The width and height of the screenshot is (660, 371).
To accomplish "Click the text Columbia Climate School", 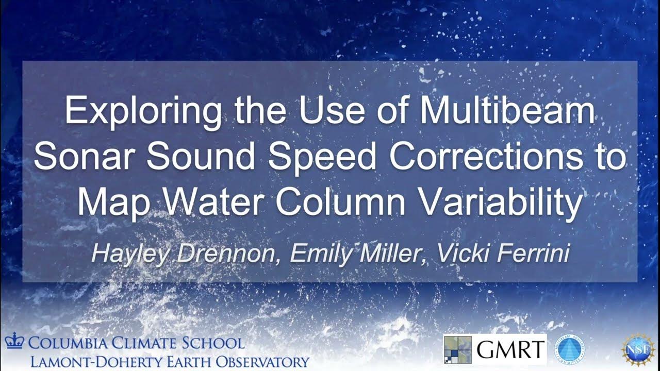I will pyautogui.click(x=136, y=343).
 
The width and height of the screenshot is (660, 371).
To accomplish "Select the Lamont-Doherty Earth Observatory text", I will pyautogui.click(x=170, y=361).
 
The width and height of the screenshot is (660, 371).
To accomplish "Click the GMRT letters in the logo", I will pyautogui.click(x=510, y=350).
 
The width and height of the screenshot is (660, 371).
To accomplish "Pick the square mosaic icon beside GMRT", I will pyautogui.click(x=457, y=349).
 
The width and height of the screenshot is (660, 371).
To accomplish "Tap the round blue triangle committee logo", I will pyautogui.click(x=569, y=349).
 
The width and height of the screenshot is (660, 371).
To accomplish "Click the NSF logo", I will pyautogui.click(x=638, y=349).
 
